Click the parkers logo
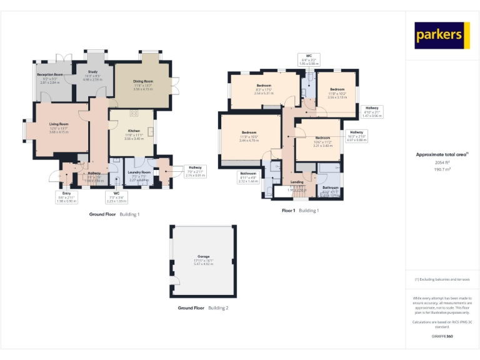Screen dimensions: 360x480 point(442,35)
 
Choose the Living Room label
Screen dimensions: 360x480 point(59,124)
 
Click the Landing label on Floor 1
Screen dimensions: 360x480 point(297,182)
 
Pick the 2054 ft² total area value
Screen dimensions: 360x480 point(442,162)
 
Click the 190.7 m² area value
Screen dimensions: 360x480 point(442,169)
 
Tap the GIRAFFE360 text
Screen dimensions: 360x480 point(442,337)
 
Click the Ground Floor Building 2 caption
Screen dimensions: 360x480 point(203,308)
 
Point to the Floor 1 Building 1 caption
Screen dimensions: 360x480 point(300,211)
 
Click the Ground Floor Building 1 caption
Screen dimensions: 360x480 point(114,214)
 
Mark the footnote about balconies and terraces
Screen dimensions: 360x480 point(442,279)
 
